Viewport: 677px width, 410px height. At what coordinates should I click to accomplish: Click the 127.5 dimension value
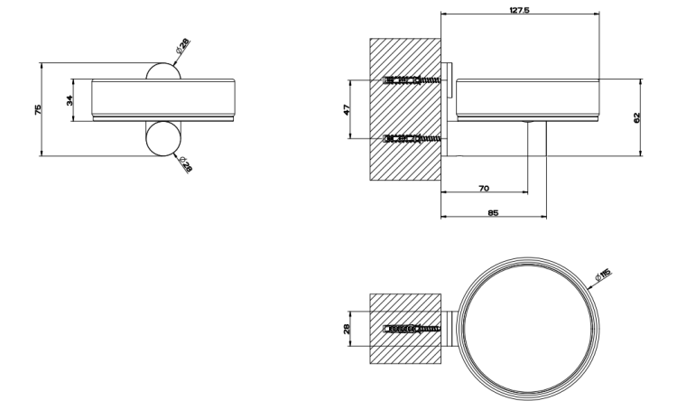[x=519, y=10]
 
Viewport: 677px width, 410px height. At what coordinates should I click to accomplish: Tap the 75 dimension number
[x=38, y=109]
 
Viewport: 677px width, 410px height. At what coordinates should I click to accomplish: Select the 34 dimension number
[x=70, y=100]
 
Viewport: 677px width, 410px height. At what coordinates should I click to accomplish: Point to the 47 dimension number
[x=347, y=109]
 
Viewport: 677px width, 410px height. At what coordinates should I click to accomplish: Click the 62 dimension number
[x=637, y=117]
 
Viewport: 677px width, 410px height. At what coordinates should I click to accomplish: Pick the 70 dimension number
[x=484, y=188]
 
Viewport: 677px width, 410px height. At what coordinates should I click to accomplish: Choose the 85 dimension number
[x=493, y=212]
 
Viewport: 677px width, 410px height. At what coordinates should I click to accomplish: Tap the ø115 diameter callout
[x=603, y=275]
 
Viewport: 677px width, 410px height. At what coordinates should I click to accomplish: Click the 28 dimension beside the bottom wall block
[x=347, y=329]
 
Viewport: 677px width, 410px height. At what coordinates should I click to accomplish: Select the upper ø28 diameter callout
[x=182, y=46]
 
